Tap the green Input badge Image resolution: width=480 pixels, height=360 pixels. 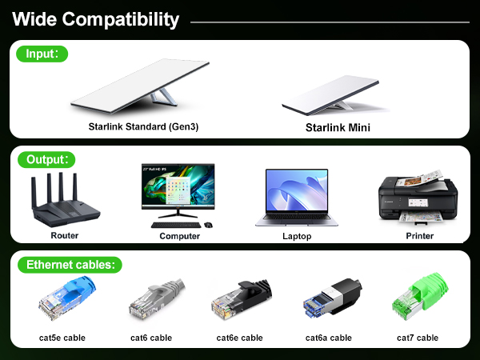[x=42, y=54]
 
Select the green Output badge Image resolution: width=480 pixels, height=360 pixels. [x=46, y=158]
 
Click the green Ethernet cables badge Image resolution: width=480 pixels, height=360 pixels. [x=70, y=264]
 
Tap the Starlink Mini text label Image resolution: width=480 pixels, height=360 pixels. [x=338, y=127]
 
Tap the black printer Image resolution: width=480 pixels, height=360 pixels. [x=418, y=199]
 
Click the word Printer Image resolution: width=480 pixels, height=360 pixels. [x=419, y=236]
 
